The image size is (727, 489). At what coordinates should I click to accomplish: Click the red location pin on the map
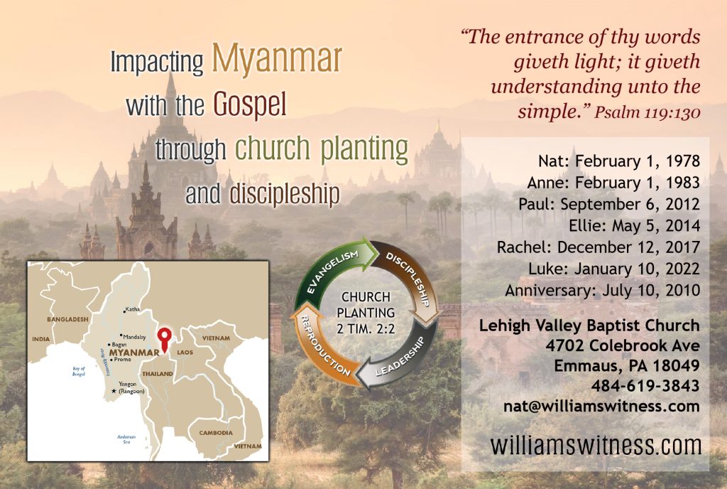click(x=164, y=338)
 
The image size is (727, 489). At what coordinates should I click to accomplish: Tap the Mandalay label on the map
click(x=134, y=337)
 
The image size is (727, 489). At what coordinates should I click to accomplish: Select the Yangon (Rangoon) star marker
click(x=114, y=391)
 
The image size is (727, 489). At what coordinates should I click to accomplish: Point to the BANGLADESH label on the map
click(x=67, y=319)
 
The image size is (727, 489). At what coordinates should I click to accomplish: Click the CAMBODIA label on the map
click(x=216, y=433)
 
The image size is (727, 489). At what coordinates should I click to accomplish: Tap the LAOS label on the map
click(x=185, y=353)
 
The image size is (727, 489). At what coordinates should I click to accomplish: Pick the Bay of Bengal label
click(x=79, y=371)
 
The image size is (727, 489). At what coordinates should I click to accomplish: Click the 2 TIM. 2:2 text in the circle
click(x=366, y=329)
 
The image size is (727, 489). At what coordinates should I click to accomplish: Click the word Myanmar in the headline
click(x=277, y=60)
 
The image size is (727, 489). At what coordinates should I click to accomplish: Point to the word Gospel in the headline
click(x=249, y=104)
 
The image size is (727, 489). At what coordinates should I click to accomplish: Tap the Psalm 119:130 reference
click(x=647, y=112)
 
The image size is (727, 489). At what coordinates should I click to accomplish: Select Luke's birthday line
click(x=614, y=269)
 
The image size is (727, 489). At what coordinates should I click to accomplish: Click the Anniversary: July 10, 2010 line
click(x=602, y=291)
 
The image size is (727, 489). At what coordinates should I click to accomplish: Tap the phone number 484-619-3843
click(x=645, y=385)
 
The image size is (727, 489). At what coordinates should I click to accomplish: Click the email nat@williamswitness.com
click(x=601, y=406)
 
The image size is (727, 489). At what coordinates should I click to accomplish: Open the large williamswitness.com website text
click(x=596, y=446)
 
